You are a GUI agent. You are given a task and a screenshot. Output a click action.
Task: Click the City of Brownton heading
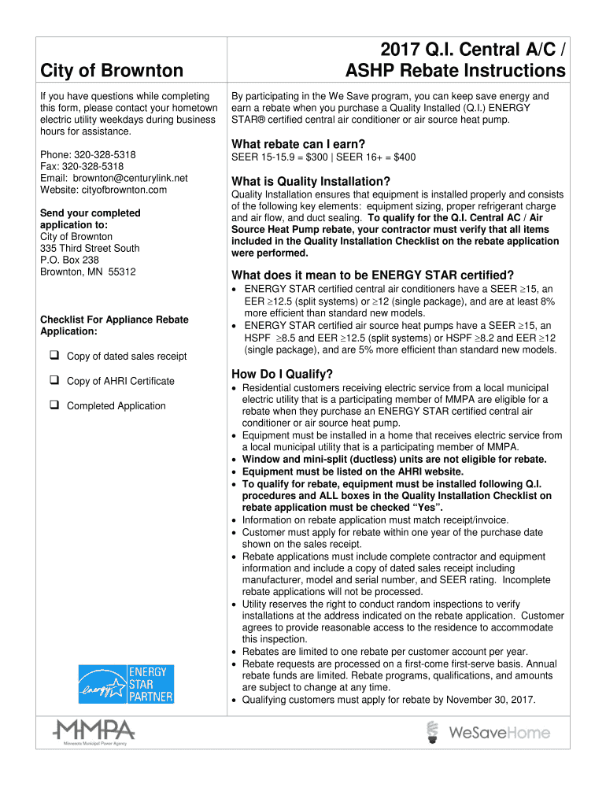click(111, 71)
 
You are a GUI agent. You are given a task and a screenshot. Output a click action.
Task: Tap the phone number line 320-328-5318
click(87, 155)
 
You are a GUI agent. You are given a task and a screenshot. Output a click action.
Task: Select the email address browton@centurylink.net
click(113, 178)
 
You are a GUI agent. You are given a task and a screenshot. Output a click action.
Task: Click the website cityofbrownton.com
click(103, 190)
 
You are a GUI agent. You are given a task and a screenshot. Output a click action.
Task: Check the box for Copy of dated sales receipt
click(55, 356)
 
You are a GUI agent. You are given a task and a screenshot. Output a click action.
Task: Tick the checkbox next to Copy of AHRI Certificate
click(55, 381)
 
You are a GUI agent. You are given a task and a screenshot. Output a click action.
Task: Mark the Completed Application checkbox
click(55, 405)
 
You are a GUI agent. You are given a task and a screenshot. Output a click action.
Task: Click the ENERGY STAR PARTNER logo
click(126, 683)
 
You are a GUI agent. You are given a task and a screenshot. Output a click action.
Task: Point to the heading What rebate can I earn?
click(297, 144)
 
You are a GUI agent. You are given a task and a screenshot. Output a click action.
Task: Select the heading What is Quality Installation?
click(311, 181)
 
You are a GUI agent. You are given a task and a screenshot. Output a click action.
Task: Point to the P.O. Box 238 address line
click(69, 260)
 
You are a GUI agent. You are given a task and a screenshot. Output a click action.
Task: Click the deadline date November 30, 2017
click(486, 700)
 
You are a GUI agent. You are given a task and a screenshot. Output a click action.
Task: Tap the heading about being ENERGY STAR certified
click(372, 275)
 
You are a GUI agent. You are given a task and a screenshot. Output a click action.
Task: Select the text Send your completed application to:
click(90, 219)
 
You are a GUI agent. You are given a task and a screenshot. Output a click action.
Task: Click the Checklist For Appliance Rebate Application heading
click(114, 325)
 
